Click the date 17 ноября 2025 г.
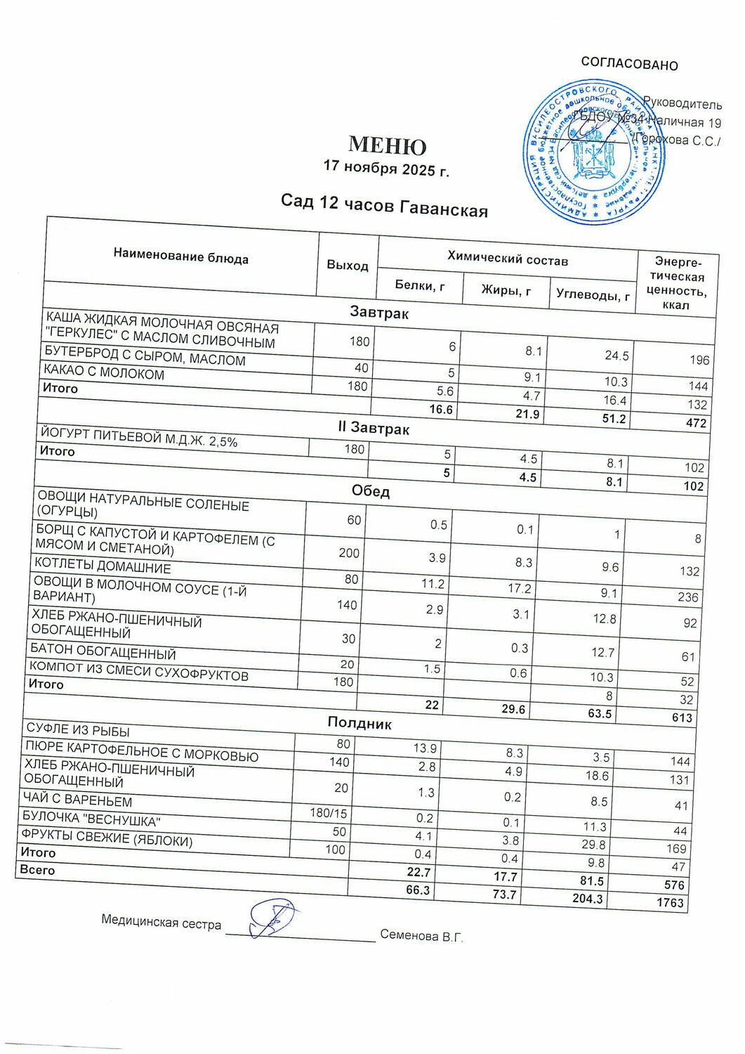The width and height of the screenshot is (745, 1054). coord(385,169)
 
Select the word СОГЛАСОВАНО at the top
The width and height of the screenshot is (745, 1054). coord(629,65)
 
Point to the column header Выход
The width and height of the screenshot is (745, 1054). coord(347,265)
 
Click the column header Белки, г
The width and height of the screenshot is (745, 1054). coord(420,285)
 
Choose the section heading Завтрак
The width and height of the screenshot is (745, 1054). coord(378,313)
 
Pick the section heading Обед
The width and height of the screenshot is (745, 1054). coord(370,490)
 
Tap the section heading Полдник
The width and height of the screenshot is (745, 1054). coord(360,722)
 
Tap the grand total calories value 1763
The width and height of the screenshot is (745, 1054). coord(670,902)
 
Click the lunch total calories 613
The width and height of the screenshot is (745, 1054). coord(681,717)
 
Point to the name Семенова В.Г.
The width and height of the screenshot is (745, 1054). coord(421,936)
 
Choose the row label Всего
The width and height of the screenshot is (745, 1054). coord(37,870)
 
